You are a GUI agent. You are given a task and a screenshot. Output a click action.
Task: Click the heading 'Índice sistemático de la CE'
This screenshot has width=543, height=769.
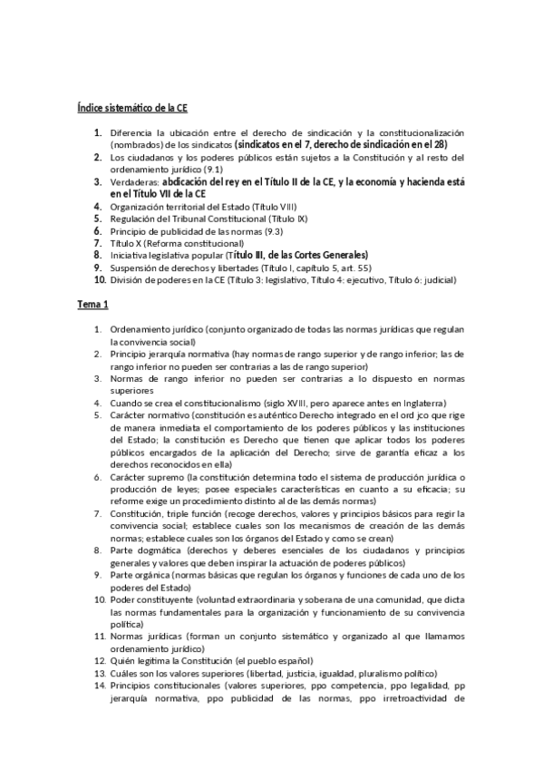[x=132, y=108]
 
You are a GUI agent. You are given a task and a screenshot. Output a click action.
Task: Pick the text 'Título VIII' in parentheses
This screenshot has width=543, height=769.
[x=273, y=207]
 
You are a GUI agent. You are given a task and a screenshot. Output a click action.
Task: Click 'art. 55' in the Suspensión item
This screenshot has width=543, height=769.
[x=330, y=268]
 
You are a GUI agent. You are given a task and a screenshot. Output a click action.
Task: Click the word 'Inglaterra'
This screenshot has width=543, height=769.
[x=421, y=402]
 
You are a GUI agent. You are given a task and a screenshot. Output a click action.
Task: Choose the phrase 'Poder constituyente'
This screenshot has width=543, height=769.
[x=153, y=599]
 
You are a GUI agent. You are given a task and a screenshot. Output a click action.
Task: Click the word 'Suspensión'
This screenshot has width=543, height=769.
[x=137, y=268]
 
